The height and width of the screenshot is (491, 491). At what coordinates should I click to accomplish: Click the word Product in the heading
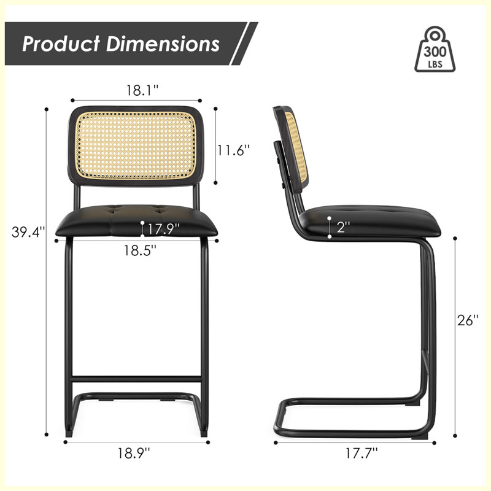[x=61, y=44]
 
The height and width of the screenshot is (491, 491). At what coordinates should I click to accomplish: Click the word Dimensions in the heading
[x=163, y=44]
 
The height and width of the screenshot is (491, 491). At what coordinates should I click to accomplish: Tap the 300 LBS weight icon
[x=435, y=49]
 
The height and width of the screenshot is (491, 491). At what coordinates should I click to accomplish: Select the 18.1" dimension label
[x=142, y=90]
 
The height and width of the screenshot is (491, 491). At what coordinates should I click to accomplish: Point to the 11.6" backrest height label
[x=234, y=150]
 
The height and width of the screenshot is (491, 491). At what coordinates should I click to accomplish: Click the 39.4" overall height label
[x=28, y=232]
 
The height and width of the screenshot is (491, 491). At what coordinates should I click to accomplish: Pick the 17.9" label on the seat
[x=163, y=229]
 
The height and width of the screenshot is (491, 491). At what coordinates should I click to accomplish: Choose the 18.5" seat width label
[x=140, y=250]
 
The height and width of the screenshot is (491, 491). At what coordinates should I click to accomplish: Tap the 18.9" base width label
[x=134, y=453]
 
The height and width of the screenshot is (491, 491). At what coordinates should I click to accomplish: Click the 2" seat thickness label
[x=343, y=226]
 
